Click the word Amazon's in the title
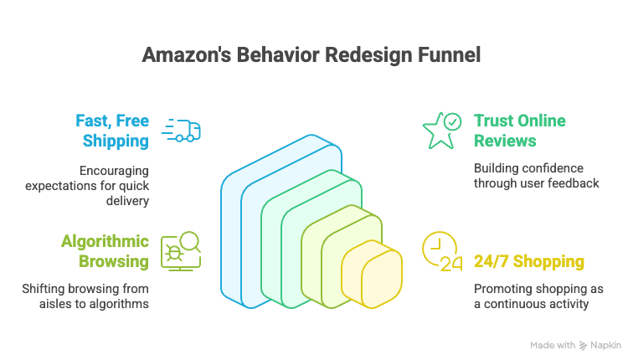[x=179, y=55]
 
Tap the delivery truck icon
[x=181, y=131]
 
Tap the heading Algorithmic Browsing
[x=105, y=251]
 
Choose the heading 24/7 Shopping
[x=529, y=262]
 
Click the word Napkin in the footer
[x=606, y=345]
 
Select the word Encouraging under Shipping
[x=114, y=170]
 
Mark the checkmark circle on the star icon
[x=452, y=121]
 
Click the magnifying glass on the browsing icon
[x=190, y=241]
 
